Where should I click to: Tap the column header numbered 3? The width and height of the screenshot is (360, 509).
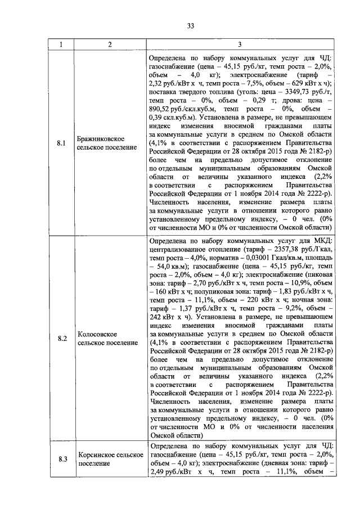(x=240, y=44)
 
